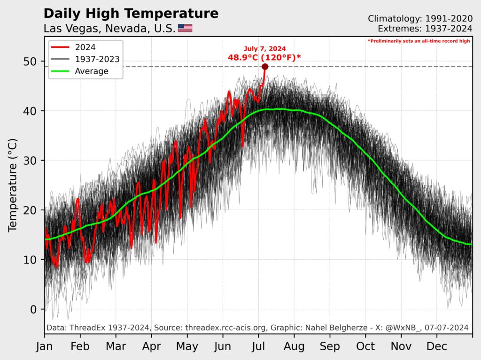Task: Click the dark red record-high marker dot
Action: (x=265, y=67)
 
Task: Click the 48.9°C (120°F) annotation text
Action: (x=264, y=57)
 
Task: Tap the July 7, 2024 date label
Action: (x=264, y=48)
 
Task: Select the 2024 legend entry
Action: (x=85, y=47)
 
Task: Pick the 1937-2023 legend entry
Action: (x=97, y=59)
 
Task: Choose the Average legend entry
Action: (x=92, y=71)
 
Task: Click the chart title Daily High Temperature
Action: (x=131, y=13)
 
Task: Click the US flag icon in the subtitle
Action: (x=185, y=28)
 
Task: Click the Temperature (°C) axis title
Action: (x=13, y=184)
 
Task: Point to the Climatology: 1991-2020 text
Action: (x=420, y=19)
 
